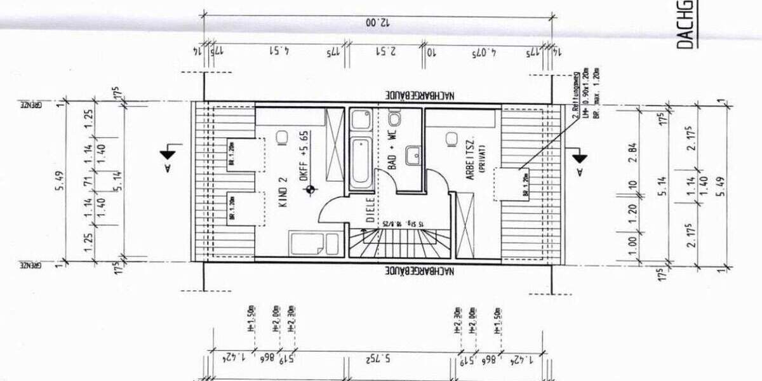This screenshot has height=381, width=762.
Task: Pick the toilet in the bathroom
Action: [394, 119]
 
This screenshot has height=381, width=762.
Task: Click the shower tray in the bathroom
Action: [363, 119]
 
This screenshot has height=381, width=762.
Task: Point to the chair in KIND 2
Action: [283, 137]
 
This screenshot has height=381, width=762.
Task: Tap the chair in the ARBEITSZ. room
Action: [452, 138]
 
